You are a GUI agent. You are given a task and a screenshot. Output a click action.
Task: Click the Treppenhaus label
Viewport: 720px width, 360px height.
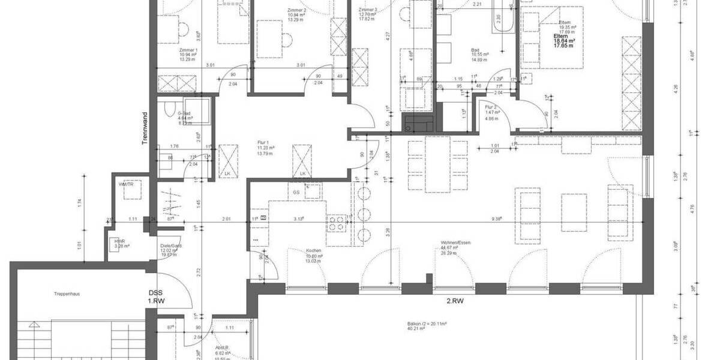67,294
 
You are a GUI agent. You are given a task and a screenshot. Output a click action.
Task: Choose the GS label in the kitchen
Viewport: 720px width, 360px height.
296,192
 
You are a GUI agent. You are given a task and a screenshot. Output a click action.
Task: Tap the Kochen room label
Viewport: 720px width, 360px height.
313,250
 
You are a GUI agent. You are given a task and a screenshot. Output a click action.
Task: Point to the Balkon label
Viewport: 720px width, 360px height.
415,324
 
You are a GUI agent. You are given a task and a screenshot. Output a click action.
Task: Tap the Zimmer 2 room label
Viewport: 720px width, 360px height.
296,10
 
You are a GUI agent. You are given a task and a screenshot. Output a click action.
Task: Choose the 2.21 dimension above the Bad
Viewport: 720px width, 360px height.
478,5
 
